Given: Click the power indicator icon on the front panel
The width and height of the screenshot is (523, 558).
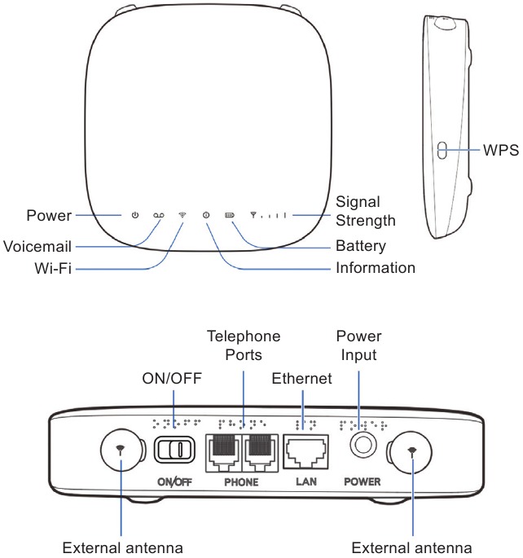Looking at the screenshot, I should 135,216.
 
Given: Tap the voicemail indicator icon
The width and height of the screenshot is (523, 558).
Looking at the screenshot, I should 158,216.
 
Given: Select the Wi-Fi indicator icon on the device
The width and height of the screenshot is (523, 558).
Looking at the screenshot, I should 182,216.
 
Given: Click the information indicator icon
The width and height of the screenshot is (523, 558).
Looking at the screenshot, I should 206,216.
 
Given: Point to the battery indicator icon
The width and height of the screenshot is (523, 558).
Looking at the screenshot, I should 230,216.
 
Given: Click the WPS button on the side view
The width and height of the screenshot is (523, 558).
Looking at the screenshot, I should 442,150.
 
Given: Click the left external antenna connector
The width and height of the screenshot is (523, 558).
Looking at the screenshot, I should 121,450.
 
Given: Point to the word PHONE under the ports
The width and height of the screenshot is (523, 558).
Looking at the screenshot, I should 240,482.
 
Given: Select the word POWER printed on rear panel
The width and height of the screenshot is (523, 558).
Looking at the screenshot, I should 363,482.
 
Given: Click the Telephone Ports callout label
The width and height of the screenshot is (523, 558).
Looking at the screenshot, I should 243,345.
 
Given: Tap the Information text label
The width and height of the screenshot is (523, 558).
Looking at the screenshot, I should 376,268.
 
